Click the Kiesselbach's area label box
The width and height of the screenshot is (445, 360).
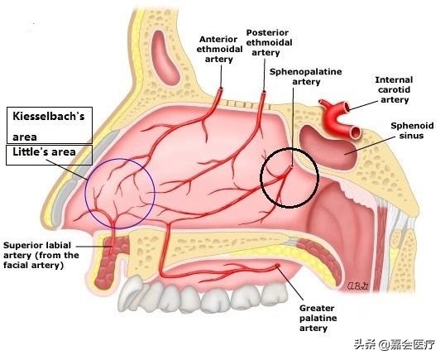50,125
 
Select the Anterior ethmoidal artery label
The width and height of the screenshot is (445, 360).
219,49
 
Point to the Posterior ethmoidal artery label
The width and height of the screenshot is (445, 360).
269,42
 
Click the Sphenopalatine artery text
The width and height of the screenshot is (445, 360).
306,77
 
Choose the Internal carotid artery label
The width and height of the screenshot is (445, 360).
395,89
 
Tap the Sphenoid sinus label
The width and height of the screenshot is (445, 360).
412,130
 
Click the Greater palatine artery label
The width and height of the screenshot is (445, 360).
318,318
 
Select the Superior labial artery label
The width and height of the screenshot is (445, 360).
41,255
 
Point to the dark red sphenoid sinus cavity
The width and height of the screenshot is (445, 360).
327,147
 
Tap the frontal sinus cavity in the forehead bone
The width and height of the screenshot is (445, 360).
165,58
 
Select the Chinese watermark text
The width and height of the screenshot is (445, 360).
395,344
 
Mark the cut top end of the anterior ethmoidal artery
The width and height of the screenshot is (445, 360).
220,89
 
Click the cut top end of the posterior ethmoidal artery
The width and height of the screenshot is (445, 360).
264,93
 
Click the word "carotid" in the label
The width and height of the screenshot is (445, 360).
395,89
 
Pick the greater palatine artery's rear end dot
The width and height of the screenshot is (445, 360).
277,266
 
